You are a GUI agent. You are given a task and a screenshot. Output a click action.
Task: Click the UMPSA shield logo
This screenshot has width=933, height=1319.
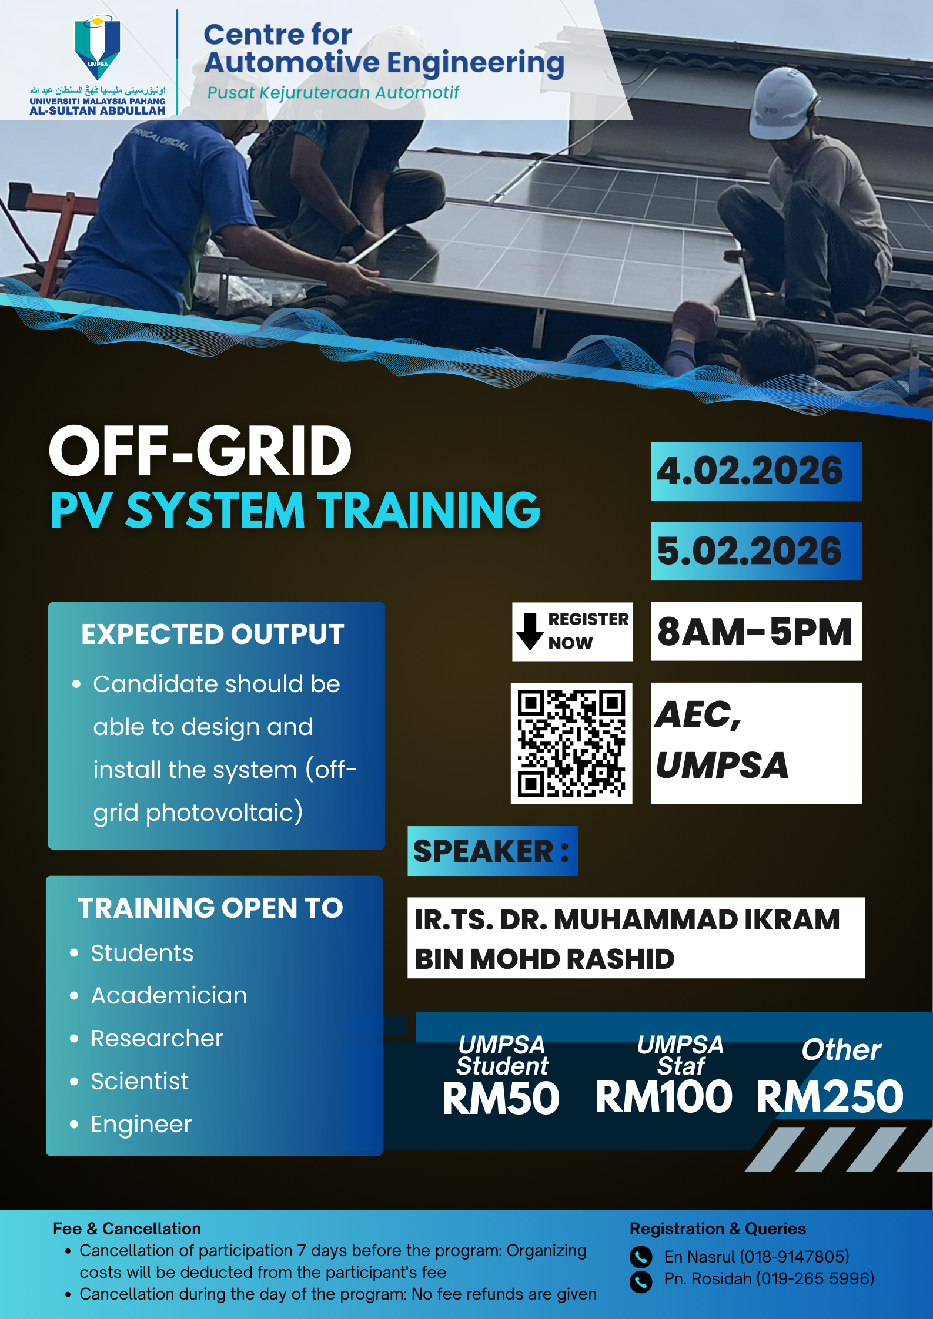point(98,47)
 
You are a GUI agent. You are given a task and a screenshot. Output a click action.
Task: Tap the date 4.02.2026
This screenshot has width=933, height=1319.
point(750,471)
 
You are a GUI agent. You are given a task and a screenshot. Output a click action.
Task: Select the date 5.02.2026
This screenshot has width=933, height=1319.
point(750,551)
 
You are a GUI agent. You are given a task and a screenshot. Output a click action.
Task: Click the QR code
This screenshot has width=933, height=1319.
point(571,743)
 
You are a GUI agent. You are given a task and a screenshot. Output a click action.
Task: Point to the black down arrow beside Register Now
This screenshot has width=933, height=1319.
point(530,632)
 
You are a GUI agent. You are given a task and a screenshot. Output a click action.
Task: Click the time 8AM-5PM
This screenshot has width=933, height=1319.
point(755,632)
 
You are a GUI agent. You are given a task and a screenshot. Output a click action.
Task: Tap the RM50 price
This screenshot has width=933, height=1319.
point(501,1098)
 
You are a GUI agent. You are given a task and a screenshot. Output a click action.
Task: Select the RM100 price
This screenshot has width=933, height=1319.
point(664,1097)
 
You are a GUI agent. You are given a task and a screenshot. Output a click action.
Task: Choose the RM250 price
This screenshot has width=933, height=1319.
point(830,1097)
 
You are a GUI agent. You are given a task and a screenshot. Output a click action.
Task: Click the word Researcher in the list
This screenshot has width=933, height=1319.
point(157,1039)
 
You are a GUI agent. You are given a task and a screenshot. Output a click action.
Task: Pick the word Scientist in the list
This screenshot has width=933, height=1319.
point(140,1082)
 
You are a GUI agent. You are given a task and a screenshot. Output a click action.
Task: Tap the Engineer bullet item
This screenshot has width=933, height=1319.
point(141,1125)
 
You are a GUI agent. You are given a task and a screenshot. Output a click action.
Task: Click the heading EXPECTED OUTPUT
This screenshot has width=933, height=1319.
point(213,635)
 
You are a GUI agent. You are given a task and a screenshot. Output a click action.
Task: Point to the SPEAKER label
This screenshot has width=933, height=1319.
point(491,851)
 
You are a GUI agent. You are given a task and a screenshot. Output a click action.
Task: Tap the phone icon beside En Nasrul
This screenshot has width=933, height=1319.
point(641,1257)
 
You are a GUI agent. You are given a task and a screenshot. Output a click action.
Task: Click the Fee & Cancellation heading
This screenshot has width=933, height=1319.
point(127,1229)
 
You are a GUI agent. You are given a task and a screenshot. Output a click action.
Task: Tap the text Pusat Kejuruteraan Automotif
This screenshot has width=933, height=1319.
point(333,93)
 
